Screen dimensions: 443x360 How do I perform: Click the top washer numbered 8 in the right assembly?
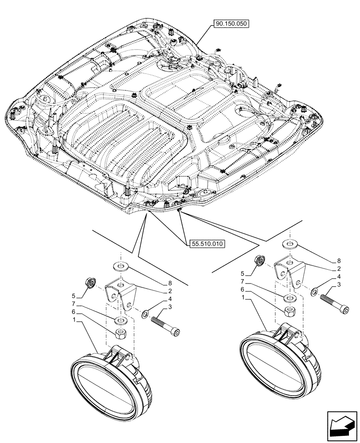[x=290, y=244]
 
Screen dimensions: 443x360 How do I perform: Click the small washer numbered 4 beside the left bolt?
[x=145, y=315]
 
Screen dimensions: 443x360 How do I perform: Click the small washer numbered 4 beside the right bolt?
[x=313, y=292]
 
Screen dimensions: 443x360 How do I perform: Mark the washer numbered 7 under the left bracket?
[x=120, y=320]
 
